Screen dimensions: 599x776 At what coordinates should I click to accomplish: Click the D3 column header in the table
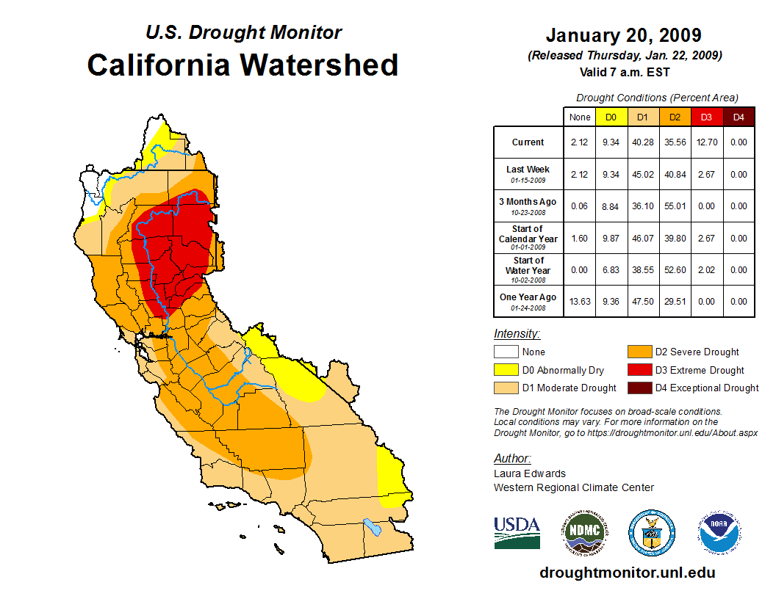click(x=706, y=117)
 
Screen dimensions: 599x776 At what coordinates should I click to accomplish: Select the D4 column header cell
click(x=739, y=117)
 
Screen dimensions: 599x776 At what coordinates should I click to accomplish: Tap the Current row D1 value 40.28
click(x=643, y=142)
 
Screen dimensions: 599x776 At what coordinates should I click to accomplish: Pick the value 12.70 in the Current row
click(x=706, y=142)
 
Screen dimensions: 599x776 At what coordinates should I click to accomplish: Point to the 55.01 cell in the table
click(x=675, y=206)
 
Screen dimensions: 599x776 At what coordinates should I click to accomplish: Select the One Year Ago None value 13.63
click(x=580, y=302)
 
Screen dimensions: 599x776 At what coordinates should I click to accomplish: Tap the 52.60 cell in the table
click(x=675, y=270)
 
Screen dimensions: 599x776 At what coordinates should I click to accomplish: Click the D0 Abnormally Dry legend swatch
click(x=506, y=370)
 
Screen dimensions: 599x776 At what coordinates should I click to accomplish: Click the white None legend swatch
click(x=506, y=352)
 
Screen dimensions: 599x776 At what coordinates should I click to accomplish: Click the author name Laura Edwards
click(x=530, y=473)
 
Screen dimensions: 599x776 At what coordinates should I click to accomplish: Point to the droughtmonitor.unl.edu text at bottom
click(x=627, y=573)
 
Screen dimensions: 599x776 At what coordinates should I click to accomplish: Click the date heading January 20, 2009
click(x=623, y=36)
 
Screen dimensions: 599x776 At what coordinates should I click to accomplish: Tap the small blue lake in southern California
click(x=373, y=527)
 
